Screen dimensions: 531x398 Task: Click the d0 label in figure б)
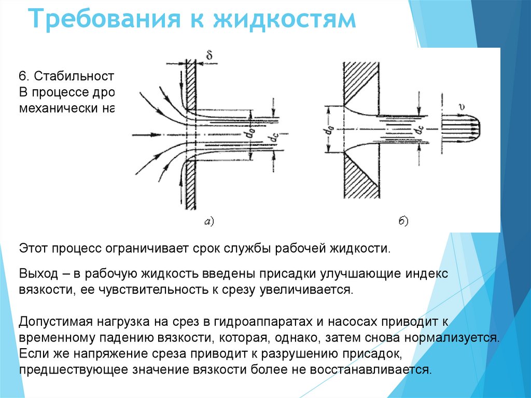click(317, 130)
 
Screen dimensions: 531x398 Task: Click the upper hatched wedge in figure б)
click(361, 83)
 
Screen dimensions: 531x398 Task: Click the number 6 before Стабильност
click(23, 76)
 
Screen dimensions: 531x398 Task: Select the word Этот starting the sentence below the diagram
click(34, 248)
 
